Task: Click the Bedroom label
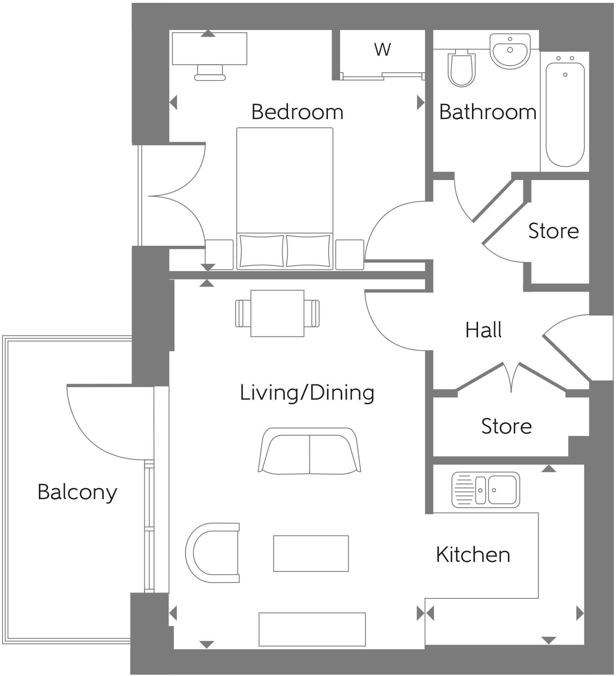click(x=297, y=112)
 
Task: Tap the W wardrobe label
click(x=382, y=50)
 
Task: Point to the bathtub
click(x=565, y=114)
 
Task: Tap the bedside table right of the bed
click(x=349, y=254)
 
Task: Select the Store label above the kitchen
click(x=506, y=426)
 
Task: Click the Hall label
click(x=483, y=330)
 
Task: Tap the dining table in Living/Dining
click(x=277, y=313)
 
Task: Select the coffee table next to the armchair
click(x=311, y=553)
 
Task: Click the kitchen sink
click(x=486, y=490)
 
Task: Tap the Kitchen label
click(x=473, y=555)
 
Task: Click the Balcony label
click(x=77, y=492)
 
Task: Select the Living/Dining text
click(x=307, y=393)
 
